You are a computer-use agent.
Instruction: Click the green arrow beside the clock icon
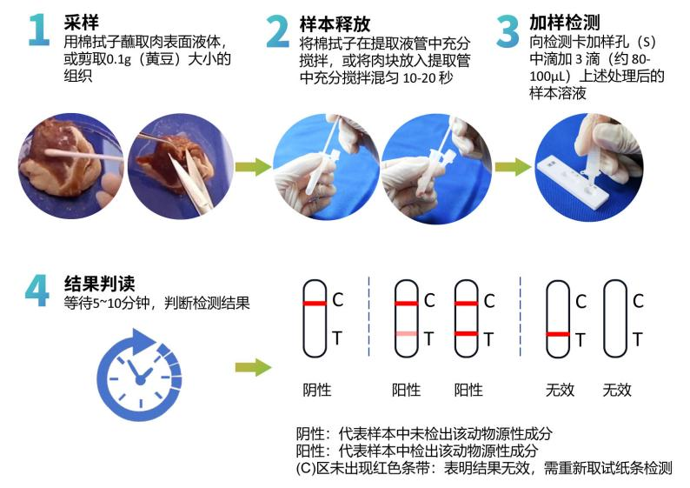253,367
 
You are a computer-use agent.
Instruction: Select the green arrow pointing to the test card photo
512,166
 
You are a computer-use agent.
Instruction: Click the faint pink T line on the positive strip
406,334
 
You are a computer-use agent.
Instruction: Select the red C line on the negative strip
315,303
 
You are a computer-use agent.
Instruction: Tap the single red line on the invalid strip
558,334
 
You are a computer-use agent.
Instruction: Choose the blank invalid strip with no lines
615,318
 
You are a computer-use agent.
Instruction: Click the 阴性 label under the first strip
316,390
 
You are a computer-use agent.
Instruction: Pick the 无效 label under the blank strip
617,390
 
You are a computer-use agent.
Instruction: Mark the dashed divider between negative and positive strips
368,318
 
